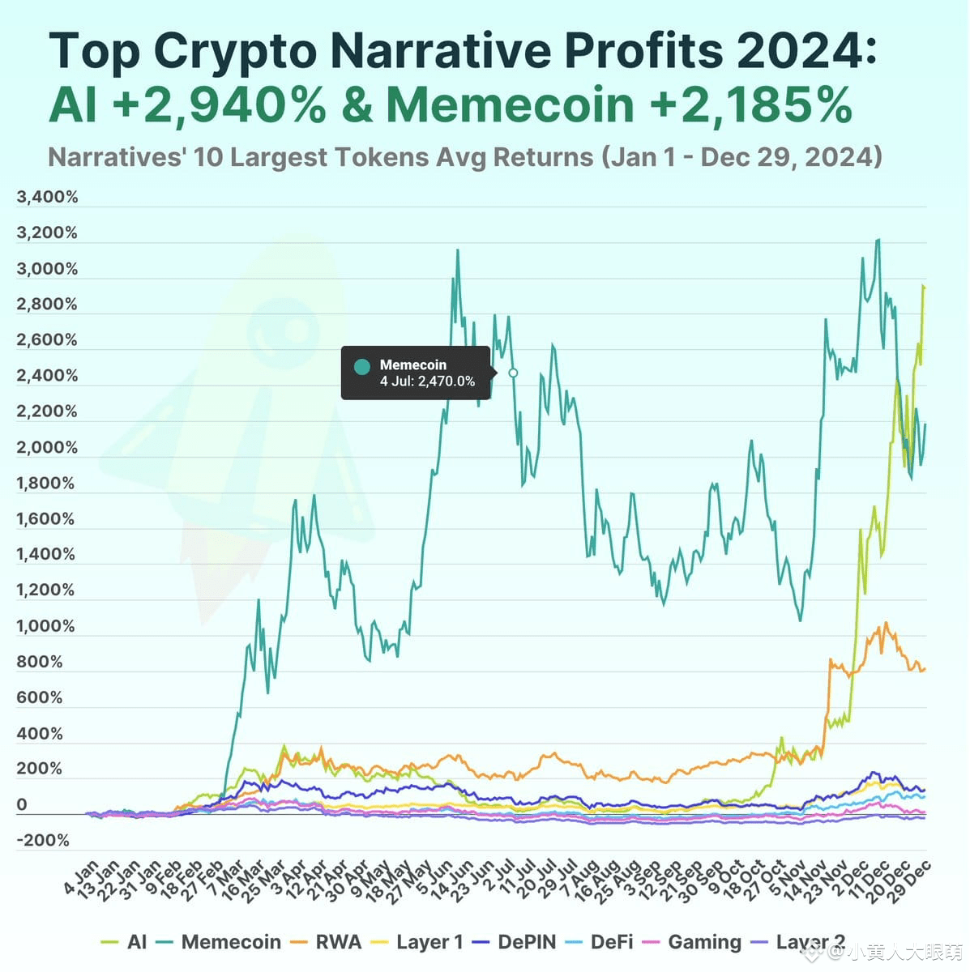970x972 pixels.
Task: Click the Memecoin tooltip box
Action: tap(415, 373)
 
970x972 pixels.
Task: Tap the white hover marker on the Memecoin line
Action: tap(513, 373)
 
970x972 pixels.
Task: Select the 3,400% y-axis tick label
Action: tap(47, 197)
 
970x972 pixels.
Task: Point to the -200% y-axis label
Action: tap(42, 840)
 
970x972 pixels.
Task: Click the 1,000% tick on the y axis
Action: tap(45, 625)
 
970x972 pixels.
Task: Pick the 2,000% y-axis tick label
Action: tap(47, 447)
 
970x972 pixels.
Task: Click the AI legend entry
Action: tap(125, 942)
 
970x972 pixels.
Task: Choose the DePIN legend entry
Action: tap(515, 942)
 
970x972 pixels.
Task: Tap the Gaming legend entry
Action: tap(692, 942)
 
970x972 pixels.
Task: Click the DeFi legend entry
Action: tap(600, 942)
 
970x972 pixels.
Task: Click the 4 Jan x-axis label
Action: tap(81, 877)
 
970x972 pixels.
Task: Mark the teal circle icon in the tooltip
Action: tap(362, 366)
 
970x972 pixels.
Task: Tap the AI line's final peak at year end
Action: tap(923, 287)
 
